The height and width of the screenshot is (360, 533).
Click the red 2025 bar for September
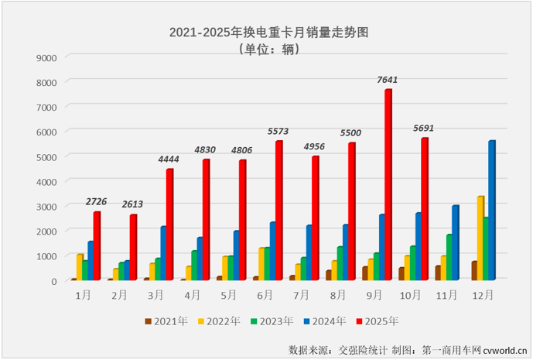[388, 186]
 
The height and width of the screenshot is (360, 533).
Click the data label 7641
[388, 80]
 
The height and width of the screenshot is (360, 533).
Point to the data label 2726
[97, 202]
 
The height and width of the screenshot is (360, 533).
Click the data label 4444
[170, 159]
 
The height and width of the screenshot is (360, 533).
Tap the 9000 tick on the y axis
[46, 57]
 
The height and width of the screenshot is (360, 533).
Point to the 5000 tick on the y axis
[46, 156]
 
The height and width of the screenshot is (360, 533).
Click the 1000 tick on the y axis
[46, 255]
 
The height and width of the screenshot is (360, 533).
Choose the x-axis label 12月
[483, 295]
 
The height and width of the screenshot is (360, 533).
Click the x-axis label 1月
[81, 295]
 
